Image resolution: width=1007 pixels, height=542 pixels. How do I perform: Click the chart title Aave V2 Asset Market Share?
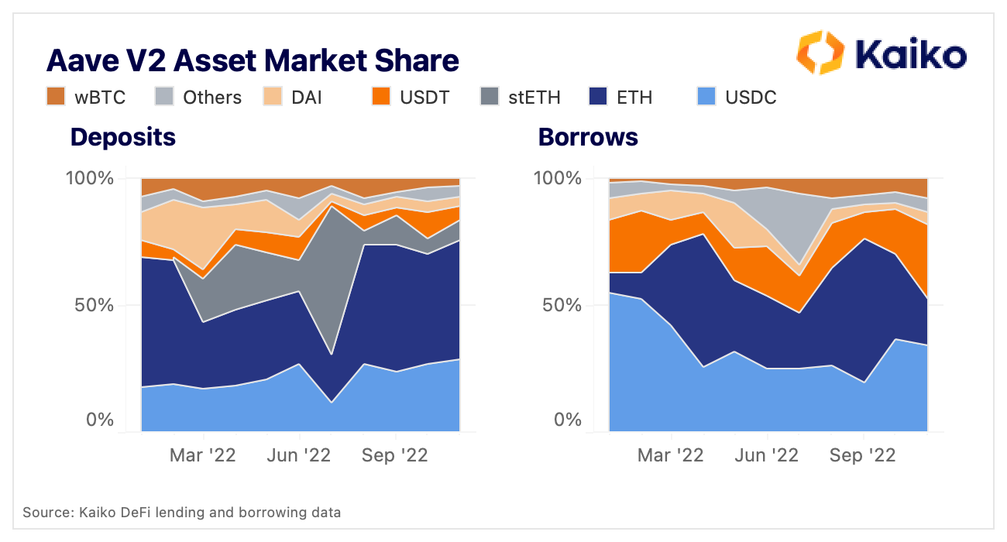(x=253, y=60)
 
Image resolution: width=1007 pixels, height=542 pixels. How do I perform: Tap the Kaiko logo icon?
(x=820, y=53)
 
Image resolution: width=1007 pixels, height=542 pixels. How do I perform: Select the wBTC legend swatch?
(x=56, y=97)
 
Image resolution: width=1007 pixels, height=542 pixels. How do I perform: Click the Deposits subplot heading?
(x=123, y=137)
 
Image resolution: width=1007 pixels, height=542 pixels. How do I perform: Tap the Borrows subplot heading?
(x=588, y=137)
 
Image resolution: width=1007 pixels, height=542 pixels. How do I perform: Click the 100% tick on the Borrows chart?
(x=558, y=178)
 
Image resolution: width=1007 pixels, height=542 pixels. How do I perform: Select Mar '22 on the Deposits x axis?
(x=203, y=455)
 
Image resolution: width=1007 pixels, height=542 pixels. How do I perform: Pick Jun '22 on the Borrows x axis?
(x=767, y=455)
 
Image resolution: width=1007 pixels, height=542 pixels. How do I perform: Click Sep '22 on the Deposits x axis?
(x=394, y=455)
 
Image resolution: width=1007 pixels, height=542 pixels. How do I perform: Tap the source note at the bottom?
(x=181, y=513)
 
